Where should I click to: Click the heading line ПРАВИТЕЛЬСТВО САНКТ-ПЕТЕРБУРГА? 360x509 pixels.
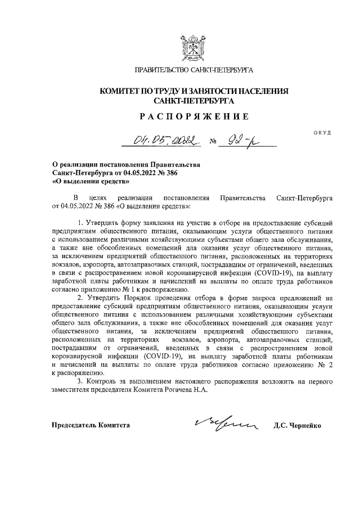pyautogui.click(x=193, y=71)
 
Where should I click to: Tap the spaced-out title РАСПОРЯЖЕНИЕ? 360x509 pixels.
pyautogui.click(x=193, y=117)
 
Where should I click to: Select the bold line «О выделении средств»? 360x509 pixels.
pyautogui.click(x=91, y=182)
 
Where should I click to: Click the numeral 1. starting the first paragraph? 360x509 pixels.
pyautogui.click(x=81, y=223)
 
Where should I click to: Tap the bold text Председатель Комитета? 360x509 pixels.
pyautogui.click(x=91, y=425)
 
